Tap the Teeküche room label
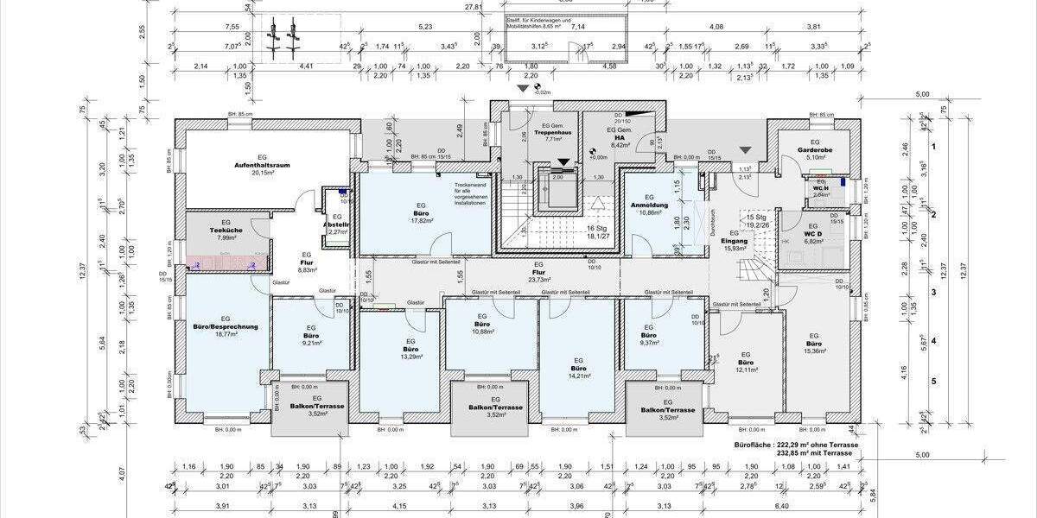tap(224, 231)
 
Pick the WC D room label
tap(814, 233)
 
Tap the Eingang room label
tap(734, 241)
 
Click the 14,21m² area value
tap(578, 376)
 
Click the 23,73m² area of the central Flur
tap(539, 280)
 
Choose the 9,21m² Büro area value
tap(312, 343)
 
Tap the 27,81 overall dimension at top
tap(474, 7)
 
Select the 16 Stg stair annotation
tap(597, 227)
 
